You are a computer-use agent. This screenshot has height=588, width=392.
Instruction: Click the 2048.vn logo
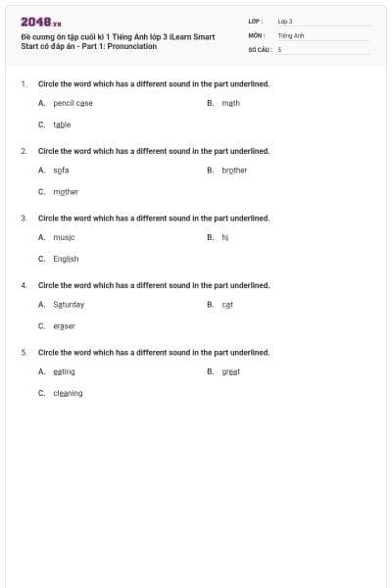[41, 22]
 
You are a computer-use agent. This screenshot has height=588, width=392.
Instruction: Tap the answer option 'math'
[230, 103]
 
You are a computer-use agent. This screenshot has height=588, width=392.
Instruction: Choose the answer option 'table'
[62, 124]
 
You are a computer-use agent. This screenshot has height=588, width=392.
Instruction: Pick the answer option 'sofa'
[61, 171]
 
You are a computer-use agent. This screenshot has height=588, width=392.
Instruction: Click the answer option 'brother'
[234, 171]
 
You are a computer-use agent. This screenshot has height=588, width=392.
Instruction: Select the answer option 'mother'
[66, 192]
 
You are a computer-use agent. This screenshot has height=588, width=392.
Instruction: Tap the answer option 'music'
[64, 237]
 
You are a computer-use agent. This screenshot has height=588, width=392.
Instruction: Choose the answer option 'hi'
[224, 237]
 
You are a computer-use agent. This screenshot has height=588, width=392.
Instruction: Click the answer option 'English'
[66, 259]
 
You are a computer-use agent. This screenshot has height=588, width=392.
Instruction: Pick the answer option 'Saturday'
[69, 305]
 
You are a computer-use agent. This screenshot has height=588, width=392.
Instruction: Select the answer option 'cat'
[227, 305]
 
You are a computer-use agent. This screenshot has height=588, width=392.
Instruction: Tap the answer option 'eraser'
[64, 326]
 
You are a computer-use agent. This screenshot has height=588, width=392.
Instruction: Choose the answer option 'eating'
[64, 371]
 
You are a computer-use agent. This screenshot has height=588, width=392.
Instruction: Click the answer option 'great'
[230, 371]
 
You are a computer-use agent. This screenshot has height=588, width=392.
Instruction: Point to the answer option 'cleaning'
[68, 393]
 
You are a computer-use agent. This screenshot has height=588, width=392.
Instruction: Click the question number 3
[24, 218]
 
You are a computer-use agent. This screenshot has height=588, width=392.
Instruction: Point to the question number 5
[24, 352]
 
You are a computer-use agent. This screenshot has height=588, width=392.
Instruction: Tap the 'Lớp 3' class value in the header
[285, 21]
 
